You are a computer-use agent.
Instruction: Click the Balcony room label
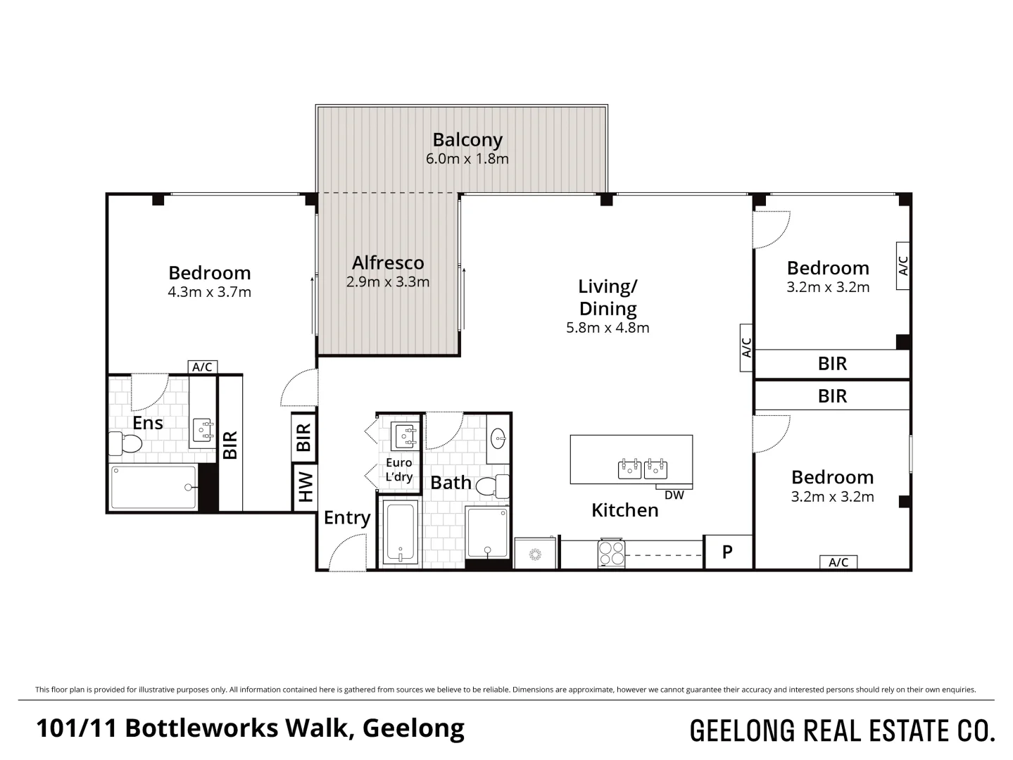(467, 140)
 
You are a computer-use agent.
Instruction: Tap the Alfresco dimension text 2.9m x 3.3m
(388, 281)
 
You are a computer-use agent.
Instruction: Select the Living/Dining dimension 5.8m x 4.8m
(608, 328)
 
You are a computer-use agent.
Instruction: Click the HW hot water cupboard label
(305, 487)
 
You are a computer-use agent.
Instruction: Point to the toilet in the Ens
(125, 443)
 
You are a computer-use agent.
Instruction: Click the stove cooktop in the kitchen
(611, 553)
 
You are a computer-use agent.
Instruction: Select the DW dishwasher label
(674, 495)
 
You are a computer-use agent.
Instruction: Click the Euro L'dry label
(398, 469)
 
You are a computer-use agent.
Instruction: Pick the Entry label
(347, 518)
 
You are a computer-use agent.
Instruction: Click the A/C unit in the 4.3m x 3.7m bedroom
(202, 367)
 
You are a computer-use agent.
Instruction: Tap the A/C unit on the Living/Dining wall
(746, 348)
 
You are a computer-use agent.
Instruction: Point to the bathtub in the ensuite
(154, 488)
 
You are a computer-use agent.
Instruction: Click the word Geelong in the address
(413, 729)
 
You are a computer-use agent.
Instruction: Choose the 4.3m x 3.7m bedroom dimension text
(210, 292)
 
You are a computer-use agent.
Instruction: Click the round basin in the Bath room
(498, 438)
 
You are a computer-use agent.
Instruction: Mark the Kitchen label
(625, 510)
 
